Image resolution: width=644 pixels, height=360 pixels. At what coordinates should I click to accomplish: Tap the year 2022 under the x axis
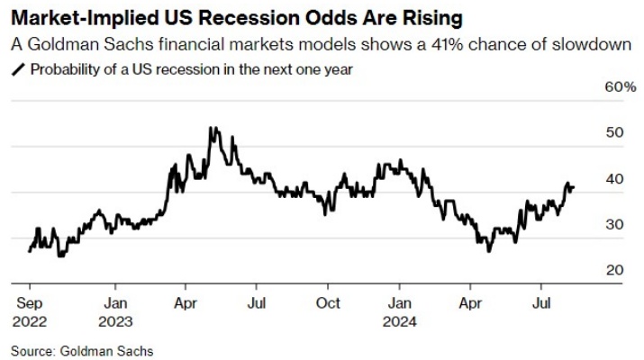click(x=29, y=319)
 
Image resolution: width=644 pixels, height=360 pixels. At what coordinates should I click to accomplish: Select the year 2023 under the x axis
click(x=115, y=319)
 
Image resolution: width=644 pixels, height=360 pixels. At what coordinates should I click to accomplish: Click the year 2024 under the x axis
click(x=402, y=319)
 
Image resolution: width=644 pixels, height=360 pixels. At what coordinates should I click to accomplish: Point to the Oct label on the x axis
click(x=330, y=303)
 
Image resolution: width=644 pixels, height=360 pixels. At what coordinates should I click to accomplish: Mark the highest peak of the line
click(x=211, y=128)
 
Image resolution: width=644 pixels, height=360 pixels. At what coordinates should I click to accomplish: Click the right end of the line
click(x=574, y=187)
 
